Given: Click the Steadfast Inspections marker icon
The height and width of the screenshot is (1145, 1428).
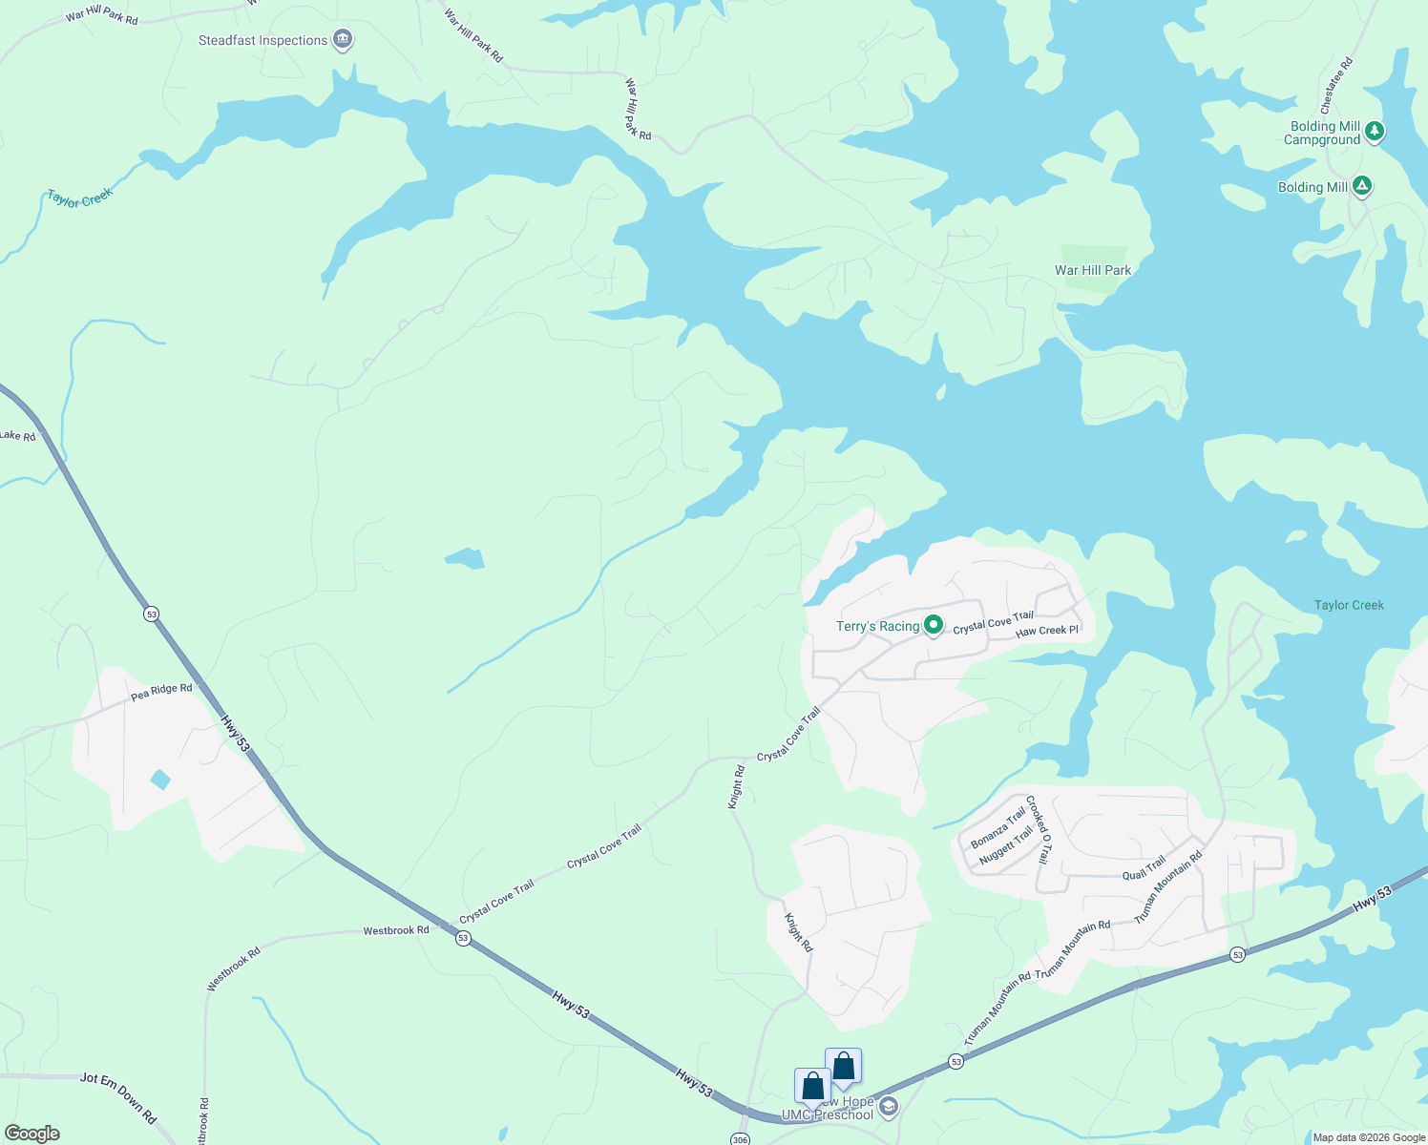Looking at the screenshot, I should point(344,40).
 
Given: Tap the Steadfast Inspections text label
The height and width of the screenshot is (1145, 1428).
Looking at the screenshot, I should point(262,40).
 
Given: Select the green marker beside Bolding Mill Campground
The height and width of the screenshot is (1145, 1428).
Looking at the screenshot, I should point(1374,132).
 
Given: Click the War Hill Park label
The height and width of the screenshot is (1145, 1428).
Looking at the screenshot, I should point(1092,270).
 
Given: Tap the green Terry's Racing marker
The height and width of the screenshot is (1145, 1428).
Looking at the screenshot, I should point(934,626).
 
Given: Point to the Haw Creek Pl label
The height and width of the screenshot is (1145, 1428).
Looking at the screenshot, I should point(1046,631).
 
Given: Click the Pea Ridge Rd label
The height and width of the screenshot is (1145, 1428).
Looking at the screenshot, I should point(161,691).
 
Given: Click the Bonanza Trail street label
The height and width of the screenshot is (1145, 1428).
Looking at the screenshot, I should point(997,826).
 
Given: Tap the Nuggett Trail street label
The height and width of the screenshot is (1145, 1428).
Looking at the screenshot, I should point(1006,845).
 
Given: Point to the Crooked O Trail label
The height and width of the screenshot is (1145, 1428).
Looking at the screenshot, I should point(1039,829).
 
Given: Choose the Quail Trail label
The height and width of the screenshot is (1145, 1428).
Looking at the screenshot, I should point(1144,868).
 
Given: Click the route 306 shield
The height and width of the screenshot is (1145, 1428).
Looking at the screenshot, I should point(740,1139).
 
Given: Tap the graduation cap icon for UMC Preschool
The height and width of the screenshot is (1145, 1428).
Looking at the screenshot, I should point(889,1107).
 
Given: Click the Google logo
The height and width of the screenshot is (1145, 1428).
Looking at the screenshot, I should point(32,1134).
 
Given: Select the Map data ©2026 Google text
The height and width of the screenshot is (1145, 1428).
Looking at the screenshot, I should point(1369,1137).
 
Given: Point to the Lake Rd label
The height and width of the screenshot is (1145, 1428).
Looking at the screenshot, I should point(17,436).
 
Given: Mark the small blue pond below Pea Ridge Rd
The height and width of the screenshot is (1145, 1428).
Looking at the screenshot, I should point(160,780).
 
